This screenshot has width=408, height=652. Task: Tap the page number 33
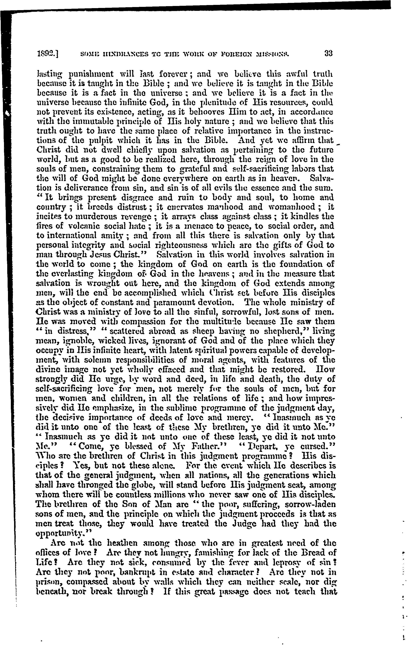[x=328, y=53]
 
